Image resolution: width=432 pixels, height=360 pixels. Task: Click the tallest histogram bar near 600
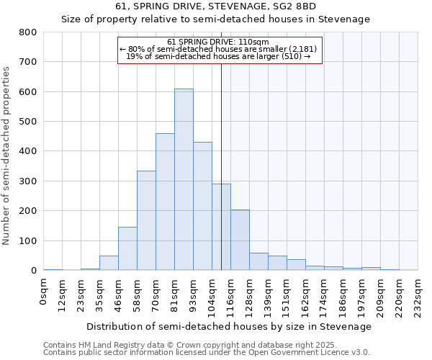tap(184, 179)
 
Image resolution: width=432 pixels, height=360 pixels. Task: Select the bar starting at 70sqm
tap(165, 202)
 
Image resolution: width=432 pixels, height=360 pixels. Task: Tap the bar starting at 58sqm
tap(146, 220)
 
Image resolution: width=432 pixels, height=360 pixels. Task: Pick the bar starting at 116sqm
tap(240, 240)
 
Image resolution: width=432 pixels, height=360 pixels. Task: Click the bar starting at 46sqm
tap(127, 248)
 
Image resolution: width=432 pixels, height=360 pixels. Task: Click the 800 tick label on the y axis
tap(27, 32)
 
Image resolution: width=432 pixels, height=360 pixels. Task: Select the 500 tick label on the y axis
tap(27, 122)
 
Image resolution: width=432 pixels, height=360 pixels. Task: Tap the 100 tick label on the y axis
tap(27, 241)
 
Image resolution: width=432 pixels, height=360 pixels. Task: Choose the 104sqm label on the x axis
tap(212, 294)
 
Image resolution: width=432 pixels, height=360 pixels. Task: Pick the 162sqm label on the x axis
tap(305, 294)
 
